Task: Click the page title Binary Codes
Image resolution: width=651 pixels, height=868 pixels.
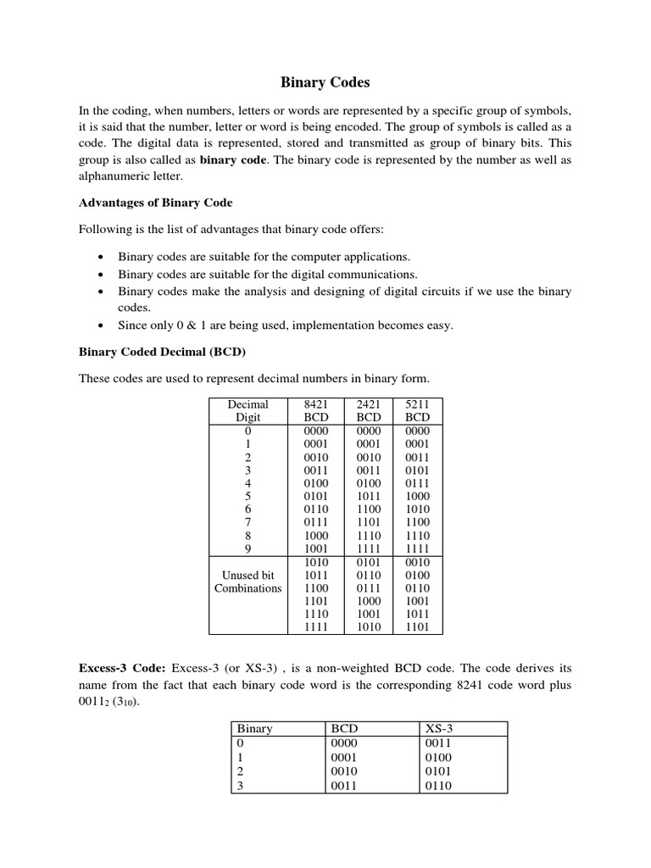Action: [x=325, y=83]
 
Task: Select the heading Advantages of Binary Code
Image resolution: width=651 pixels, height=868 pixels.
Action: [x=155, y=203]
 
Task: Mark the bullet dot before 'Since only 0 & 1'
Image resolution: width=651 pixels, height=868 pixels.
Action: [x=101, y=325]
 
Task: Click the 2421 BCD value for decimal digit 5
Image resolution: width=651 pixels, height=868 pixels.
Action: [x=369, y=496]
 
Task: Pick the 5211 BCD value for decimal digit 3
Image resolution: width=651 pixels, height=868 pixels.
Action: [x=417, y=470]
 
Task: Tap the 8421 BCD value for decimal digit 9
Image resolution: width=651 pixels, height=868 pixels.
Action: [x=315, y=548]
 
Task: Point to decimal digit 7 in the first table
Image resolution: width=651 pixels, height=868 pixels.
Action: [x=248, y=522]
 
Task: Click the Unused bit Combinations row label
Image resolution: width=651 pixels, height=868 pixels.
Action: [x=248, y=581]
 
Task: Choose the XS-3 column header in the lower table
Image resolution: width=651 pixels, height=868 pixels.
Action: [x=438, y=728]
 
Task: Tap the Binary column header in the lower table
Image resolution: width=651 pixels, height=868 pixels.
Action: [x=254, y=728]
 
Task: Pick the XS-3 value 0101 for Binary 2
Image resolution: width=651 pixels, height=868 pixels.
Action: [x=438, y=771]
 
